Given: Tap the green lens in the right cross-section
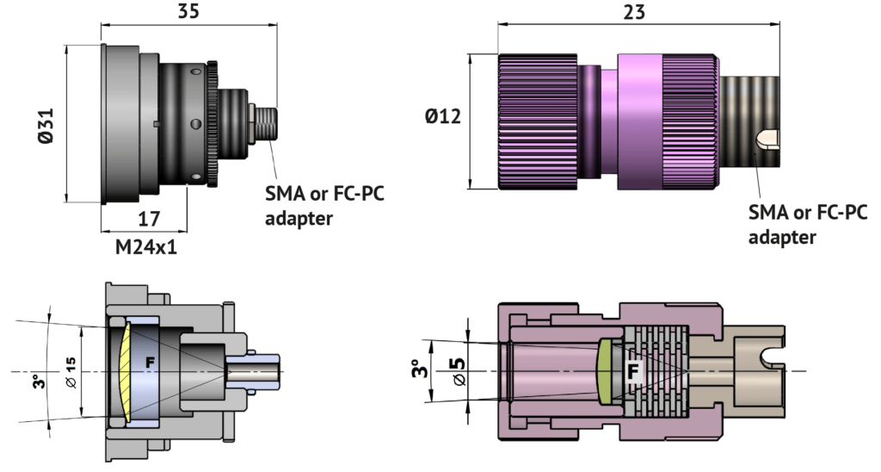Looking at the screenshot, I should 605,371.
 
